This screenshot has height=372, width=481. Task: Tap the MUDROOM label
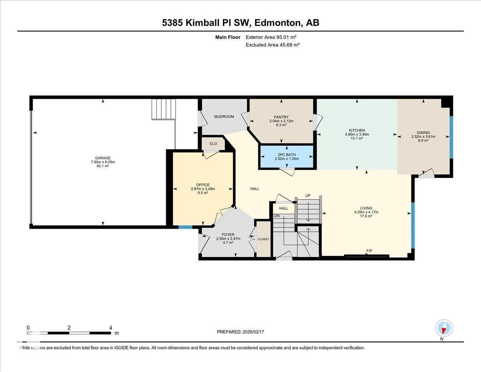tap(224, 117)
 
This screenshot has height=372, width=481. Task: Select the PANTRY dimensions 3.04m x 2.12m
tap(281, 121)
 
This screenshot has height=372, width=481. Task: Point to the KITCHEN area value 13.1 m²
tap(356, 138)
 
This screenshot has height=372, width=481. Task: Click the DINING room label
tap(423, 132)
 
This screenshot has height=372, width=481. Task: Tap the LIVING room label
tap(366, 208)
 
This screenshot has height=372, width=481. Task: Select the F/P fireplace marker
tap(369, 251)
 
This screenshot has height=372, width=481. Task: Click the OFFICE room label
tap(202, 185)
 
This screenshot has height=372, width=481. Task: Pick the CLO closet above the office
tap(213, 144)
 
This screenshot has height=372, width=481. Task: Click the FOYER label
tap(228, 234)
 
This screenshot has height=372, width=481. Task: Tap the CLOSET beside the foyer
tap(263, 239)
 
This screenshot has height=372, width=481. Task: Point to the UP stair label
tap(308, 195)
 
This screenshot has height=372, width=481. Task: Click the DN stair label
tap(277, 215)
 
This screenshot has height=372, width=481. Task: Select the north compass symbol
tap(444, 328)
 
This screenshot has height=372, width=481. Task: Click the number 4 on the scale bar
tap(110, 327)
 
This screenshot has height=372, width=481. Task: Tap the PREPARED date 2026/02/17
tap(240, 332)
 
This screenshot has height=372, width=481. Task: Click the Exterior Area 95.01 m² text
tap(271, 37)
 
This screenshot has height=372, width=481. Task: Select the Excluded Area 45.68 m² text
tap(273, 45)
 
